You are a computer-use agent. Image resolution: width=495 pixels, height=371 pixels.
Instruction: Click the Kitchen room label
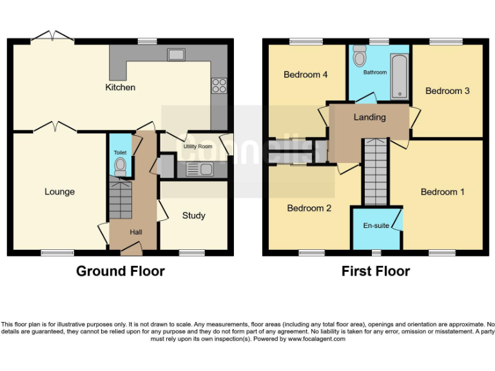coord(121,87)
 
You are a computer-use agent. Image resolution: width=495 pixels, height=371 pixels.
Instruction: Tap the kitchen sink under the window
coord(176,55)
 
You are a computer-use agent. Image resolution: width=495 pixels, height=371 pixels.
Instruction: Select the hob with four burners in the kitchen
coord(219,86)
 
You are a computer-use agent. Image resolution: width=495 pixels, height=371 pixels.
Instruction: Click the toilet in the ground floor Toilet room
coord(119,166)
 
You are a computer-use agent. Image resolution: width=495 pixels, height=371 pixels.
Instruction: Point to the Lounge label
coord(59,191)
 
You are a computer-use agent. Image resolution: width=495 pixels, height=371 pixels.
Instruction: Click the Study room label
coord(193,215)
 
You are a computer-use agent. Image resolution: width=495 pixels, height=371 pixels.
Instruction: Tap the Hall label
coord(136,232)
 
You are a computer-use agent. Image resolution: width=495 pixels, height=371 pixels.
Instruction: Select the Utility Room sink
coord(199,170)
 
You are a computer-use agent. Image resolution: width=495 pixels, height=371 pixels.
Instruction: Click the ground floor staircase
coord(120,200)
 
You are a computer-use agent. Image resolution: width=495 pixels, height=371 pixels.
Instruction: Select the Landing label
coord(369,117)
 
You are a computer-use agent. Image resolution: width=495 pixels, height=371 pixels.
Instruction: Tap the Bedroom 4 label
coord(306,75)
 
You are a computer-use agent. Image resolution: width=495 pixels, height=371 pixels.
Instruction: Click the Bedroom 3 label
coord(447,91)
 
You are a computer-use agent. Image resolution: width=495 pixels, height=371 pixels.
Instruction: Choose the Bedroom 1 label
coord(442,192)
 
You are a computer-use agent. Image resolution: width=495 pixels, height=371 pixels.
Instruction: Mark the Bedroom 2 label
coord(309,208)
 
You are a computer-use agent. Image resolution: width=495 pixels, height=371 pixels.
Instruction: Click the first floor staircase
coord(376,171)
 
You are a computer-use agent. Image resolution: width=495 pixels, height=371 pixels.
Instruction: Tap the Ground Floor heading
coord(120,271)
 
